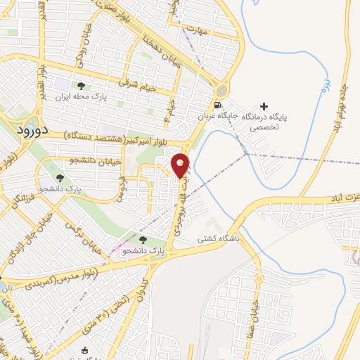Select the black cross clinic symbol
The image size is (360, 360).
(x=264, y=106)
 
